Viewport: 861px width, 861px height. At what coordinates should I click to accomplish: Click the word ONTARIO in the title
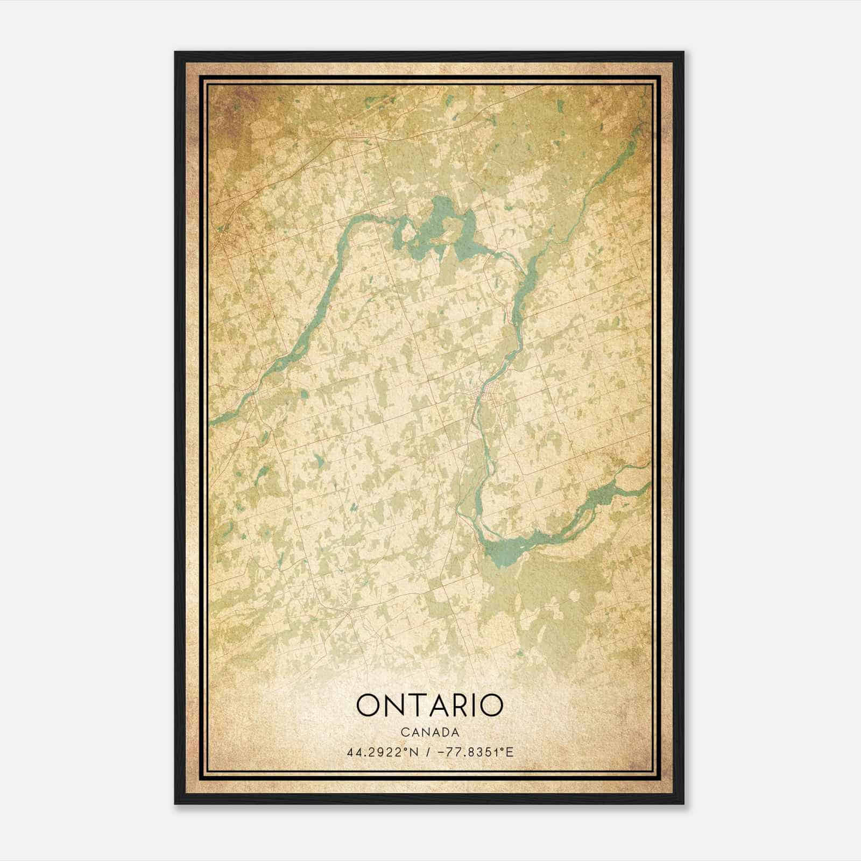tap(429, 705)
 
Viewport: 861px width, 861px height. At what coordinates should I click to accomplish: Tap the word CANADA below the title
tap(429, 732)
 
